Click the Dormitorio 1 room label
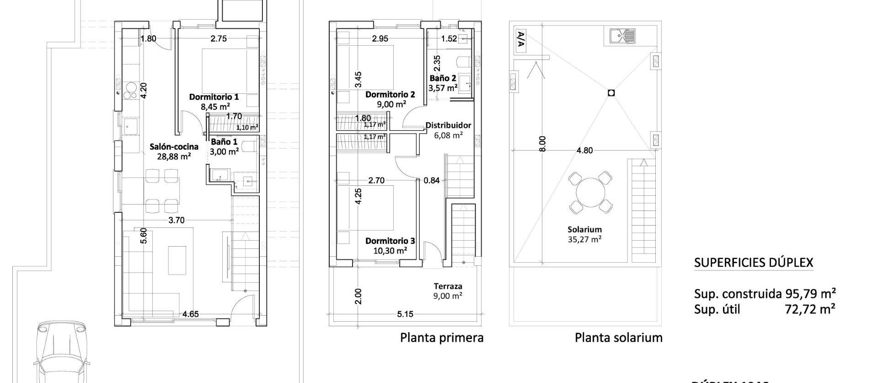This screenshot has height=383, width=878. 214,97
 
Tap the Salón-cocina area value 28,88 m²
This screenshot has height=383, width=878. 174,156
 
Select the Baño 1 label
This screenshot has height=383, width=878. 224,142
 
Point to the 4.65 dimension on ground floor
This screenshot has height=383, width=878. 190,314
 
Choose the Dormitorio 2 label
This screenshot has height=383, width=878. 390,95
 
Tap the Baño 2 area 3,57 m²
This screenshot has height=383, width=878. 443,88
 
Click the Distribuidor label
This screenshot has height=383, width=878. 448,125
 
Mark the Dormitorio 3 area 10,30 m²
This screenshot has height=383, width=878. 390,251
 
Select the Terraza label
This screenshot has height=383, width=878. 448,286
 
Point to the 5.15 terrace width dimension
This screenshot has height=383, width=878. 405,314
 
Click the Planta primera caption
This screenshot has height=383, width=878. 442,338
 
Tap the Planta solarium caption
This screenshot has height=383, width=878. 618,338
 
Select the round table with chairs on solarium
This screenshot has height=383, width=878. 590,193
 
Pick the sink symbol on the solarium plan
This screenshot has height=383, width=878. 622,35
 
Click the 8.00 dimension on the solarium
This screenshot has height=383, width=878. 542,144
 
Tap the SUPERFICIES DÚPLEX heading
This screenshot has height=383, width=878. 754,263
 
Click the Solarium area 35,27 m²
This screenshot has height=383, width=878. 584,239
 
